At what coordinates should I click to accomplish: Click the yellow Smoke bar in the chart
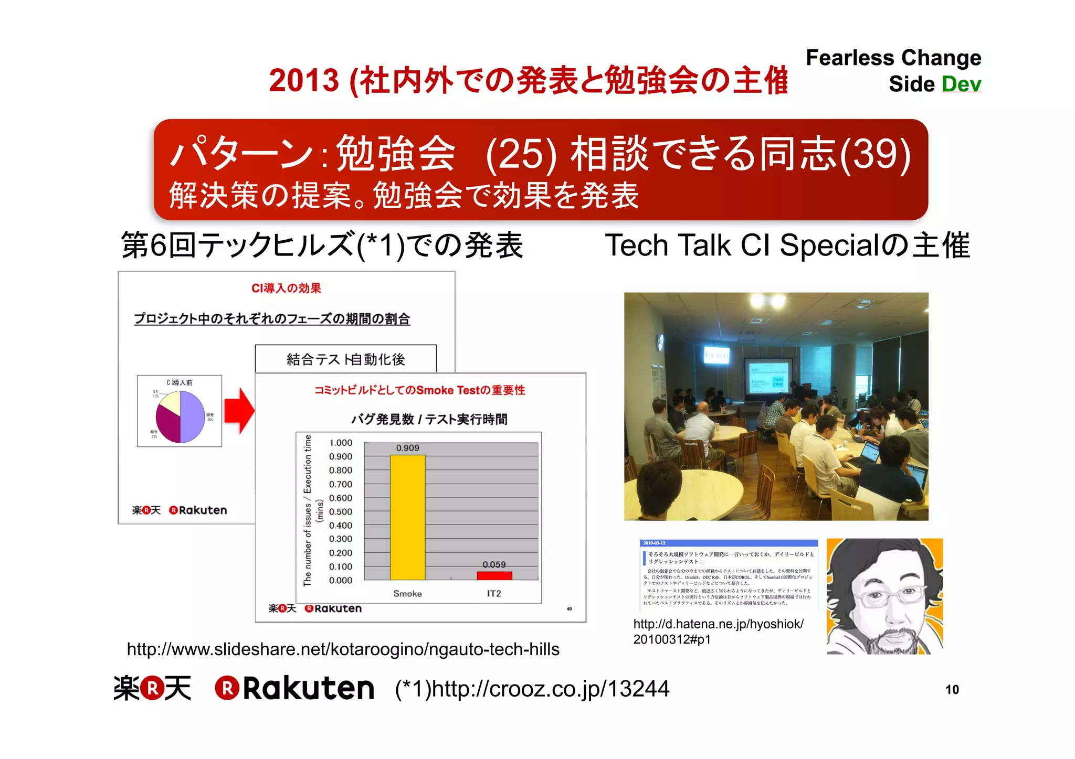tap(407, 517)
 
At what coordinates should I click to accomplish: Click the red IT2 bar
tap(494, 575)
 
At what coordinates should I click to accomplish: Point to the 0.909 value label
tap(407, 447)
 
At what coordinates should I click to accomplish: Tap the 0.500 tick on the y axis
tap(341, 511)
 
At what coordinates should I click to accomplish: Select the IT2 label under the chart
tap(493, 593)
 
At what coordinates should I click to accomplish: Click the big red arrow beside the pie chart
tap(239, 411)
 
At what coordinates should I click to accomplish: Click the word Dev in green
tap(961, 84)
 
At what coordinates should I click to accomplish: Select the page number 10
tap(952, 689)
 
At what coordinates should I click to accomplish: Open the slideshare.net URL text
tap(343, 649)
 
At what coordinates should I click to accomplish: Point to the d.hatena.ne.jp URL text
tap(718, 631)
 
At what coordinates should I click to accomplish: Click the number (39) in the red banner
tap(875, 154)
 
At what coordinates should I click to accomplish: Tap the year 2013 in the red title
tap(303, 80)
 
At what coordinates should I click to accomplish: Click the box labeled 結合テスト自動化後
tap(345, 359)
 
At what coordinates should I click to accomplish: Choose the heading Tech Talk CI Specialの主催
tap(787, 245)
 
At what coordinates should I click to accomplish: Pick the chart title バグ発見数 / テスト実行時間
tap(429, 419)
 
